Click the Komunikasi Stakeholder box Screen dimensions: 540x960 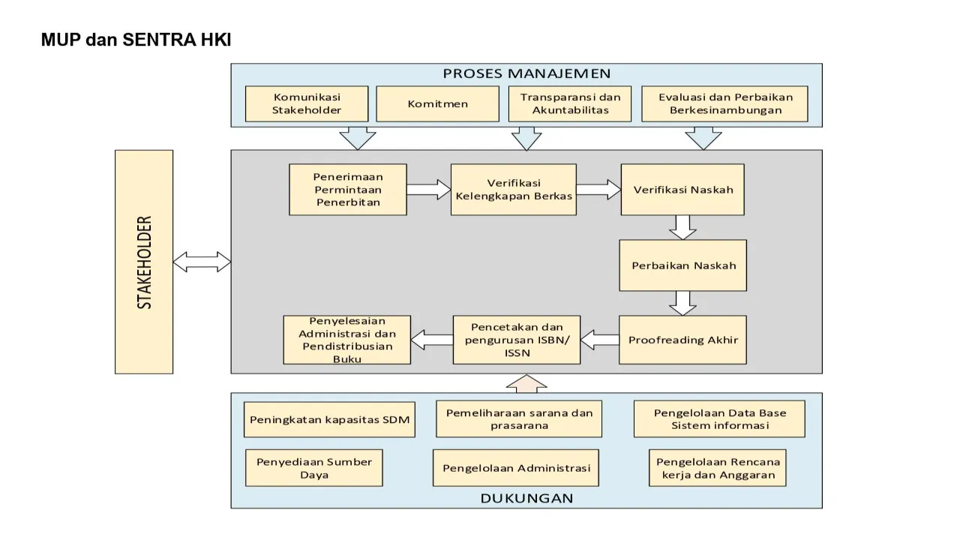pyautogui.click(x=307, y=103)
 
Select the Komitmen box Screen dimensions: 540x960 pyautogui.click(x=437, y=103)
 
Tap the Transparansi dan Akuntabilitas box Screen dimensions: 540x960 pyautogui.click(x=570, y=103)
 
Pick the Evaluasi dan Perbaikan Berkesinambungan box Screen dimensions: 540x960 pyautogui.click(x=724, y=103)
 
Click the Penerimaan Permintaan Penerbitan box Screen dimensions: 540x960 pyautogui.click(x=348, y=190)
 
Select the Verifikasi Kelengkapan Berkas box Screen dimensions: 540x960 pyautogui.click(x=514, y=190)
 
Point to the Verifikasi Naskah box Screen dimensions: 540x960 pyautogui.click(x=683, y=190)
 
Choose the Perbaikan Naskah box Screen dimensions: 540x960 pyautogui.click(x=682, y=265)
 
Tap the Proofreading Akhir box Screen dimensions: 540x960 pyautogui.click(x=682, y=340)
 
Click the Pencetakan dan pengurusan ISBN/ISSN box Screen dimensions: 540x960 pyautogui.click(x=517, y=340)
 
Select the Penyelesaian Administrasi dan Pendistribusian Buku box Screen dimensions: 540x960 pyautogui.click(x=347, y=340)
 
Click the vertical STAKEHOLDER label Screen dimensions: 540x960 pyautogui.click(x=144, y=262)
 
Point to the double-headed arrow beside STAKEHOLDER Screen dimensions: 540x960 pyautogui.click(x=202, y=262)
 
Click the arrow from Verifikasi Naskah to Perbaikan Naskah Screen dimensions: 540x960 pyautogui.click(x=682, y=227)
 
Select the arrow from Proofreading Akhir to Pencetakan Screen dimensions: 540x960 pyautogui.click(x=599, y=340)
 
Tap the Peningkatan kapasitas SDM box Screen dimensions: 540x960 pyautogui.click(x=329, y=419)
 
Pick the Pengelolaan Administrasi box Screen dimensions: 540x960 pyautogui.click(x=516, y=468)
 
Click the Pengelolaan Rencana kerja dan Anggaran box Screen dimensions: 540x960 pyautogui.click(x=718, y=468)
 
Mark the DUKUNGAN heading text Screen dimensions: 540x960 pyautogui.click(x=526, y=498)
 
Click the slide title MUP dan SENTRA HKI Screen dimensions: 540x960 pyautogui.click(x=136, y=40)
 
